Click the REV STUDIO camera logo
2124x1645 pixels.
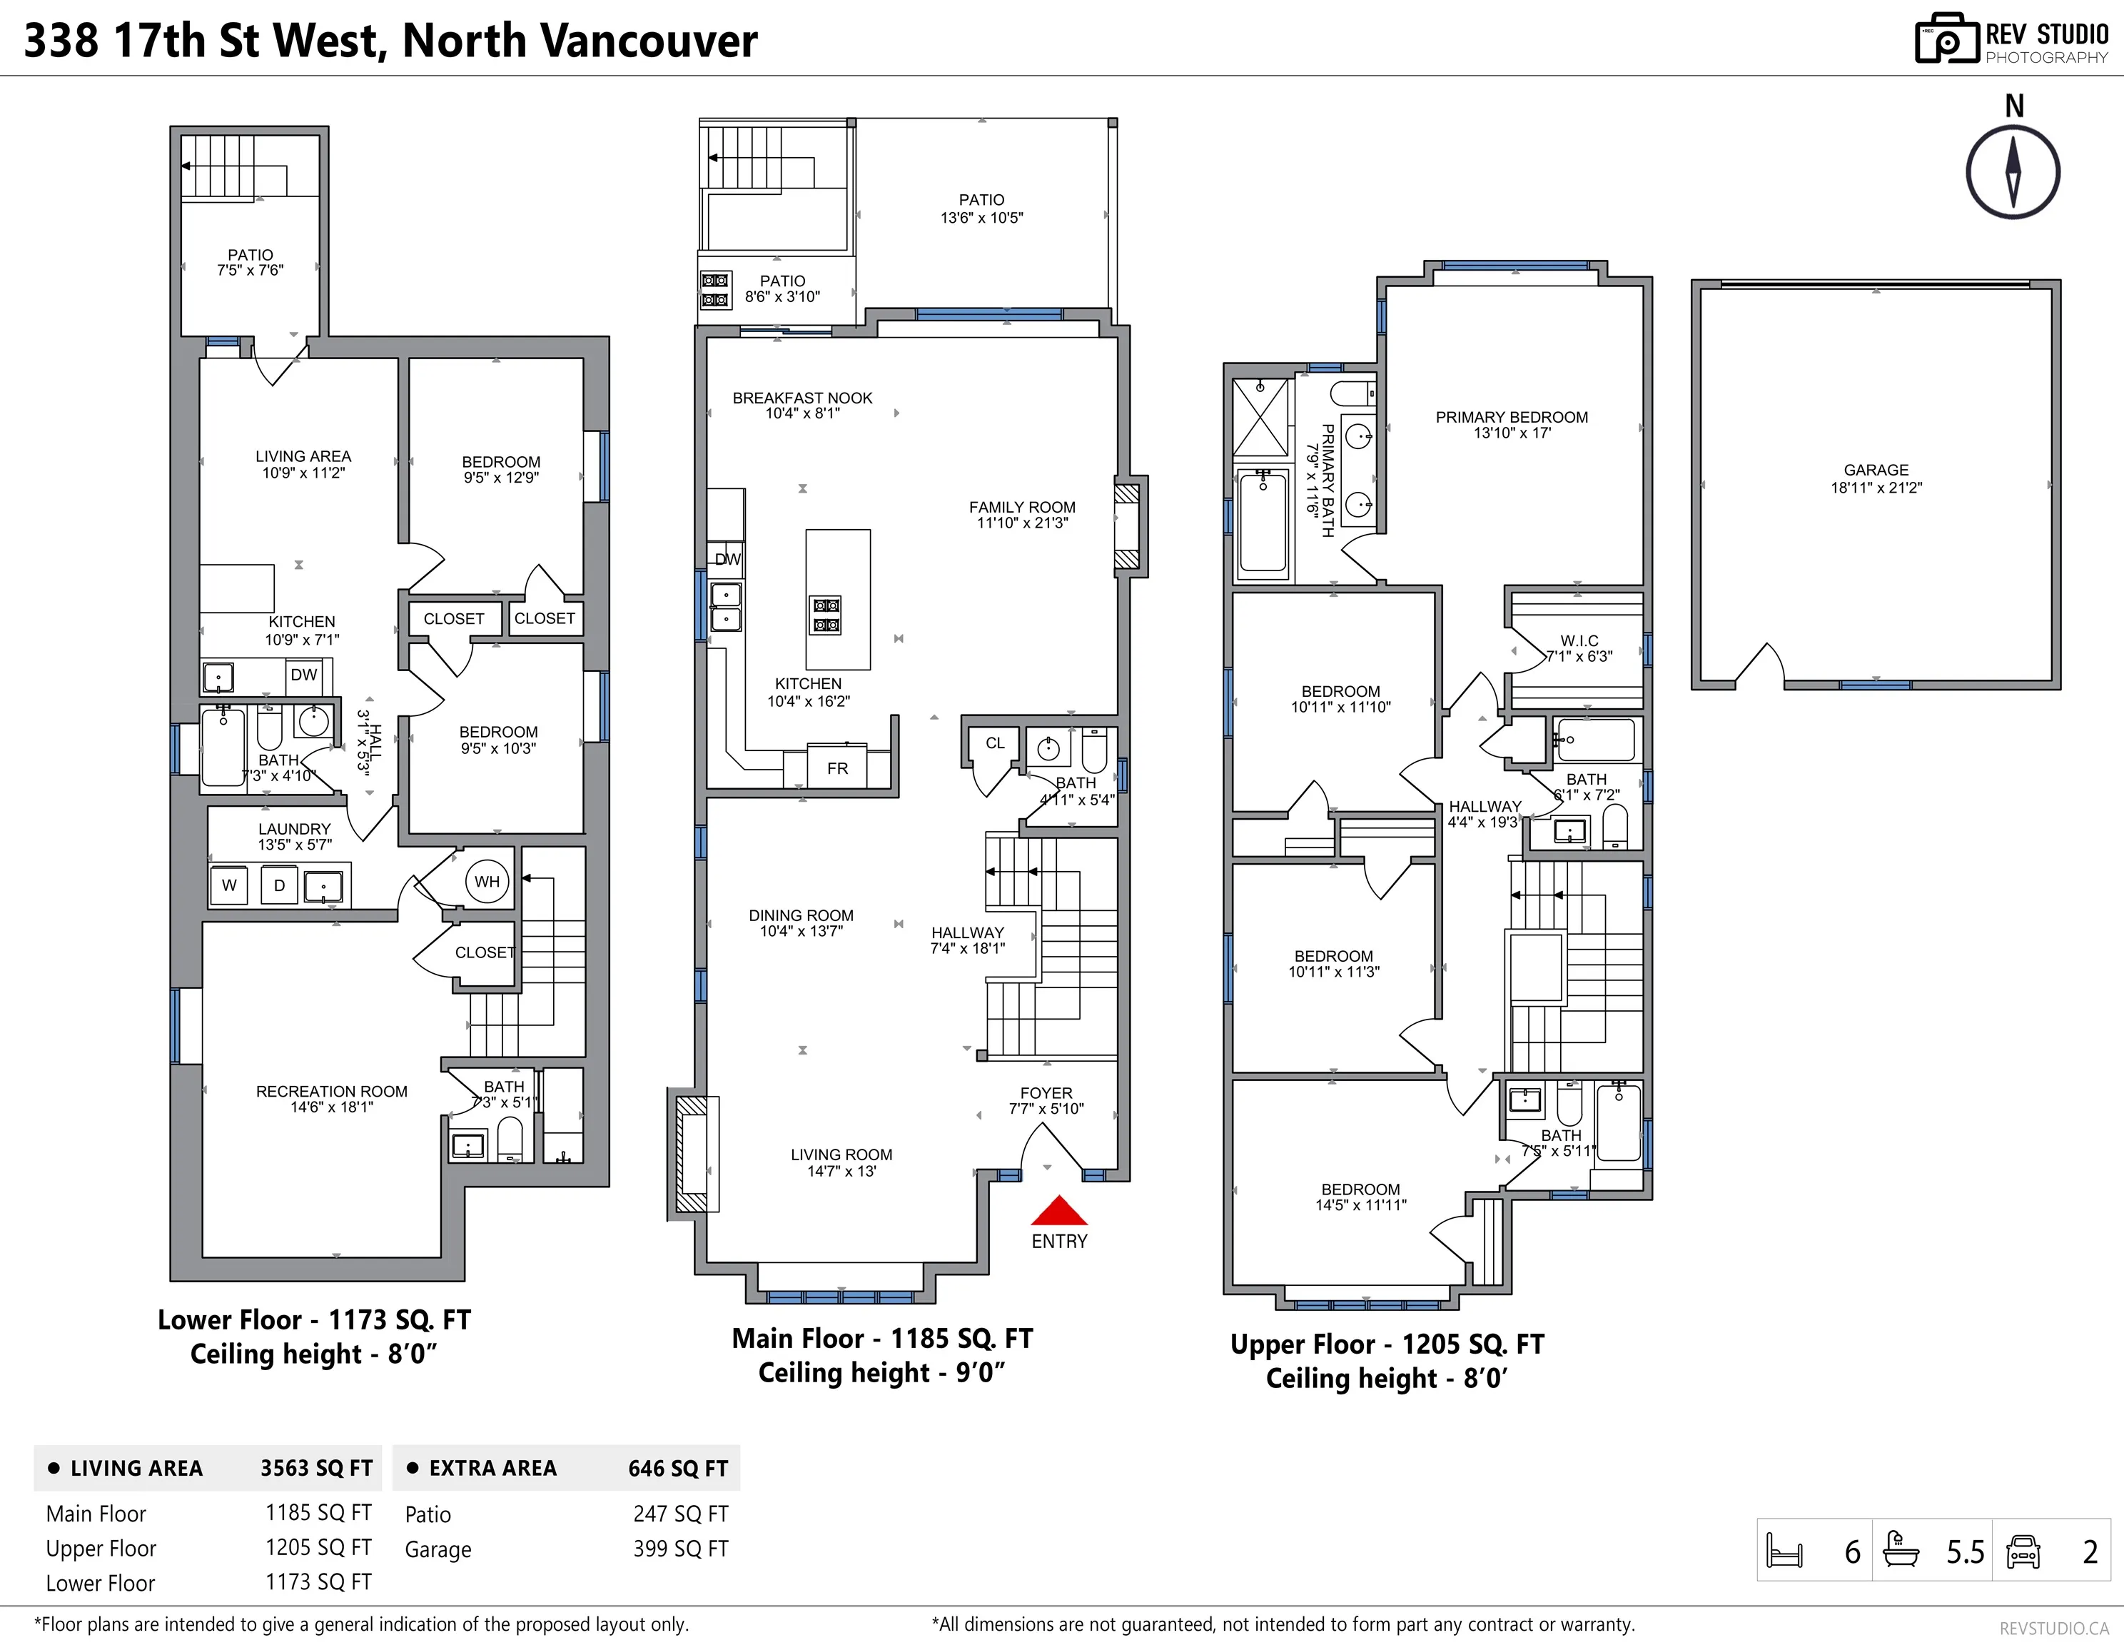[x=1947, y=40]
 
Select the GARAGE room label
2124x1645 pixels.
[x=1876, y=470]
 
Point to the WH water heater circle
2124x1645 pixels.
[x=486, y=881]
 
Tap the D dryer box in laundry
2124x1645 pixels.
[x=279, y=885]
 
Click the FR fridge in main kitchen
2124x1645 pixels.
[x=837, y=768]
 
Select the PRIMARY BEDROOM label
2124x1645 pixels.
[x=1512, y=418]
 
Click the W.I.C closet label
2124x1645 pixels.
[x=1579, y=641]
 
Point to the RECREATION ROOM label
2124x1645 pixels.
[x=332, y=1092]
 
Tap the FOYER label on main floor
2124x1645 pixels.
[x=1046, y=1093]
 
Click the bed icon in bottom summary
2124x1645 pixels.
[x=1784, y=1551]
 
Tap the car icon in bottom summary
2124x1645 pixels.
[x=2023, y=1551]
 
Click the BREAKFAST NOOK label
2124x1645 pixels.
[x=802, y=398]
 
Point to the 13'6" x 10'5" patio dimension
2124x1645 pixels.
[x=981, y=218]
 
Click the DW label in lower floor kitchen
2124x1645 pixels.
[x=303, y=674]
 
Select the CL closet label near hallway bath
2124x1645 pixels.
[x=995, y=743]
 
